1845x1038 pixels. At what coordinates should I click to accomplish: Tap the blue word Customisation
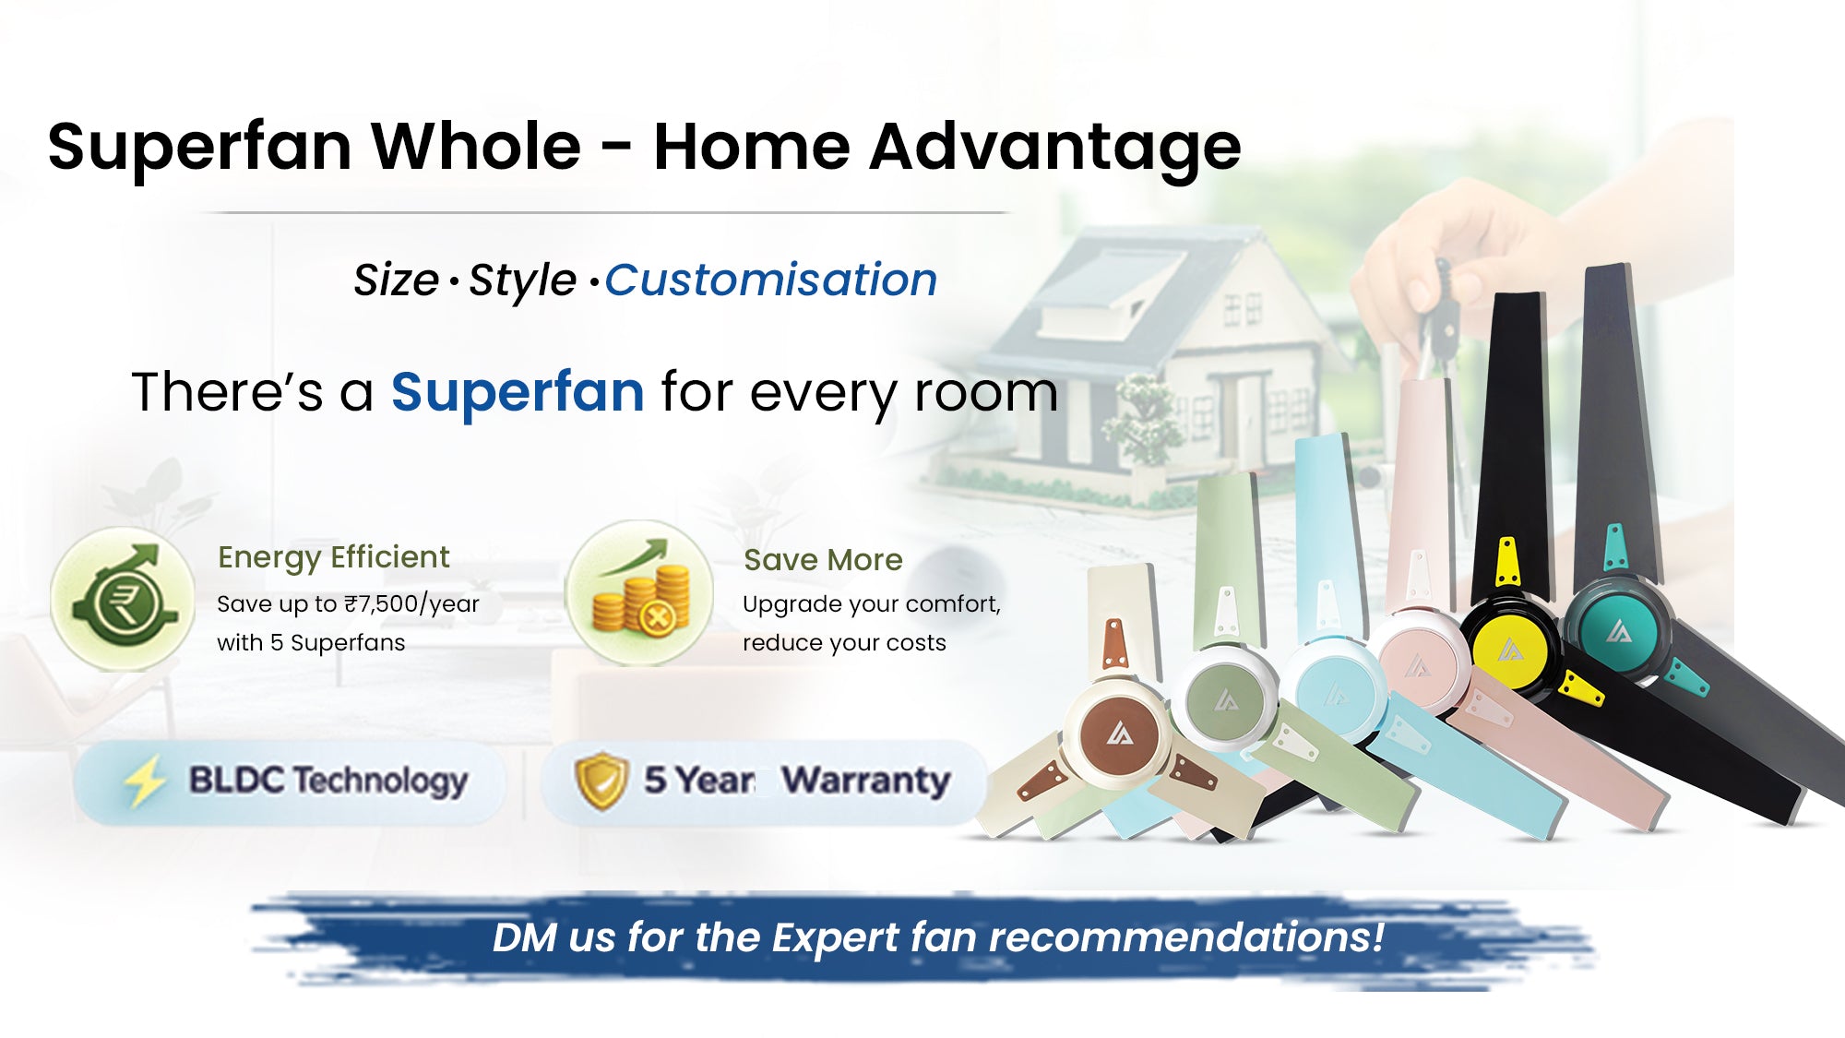tap(771, 280)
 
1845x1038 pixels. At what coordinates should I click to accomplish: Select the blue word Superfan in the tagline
tap(518, 393)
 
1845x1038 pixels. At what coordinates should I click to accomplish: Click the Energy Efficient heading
tap(334, 557)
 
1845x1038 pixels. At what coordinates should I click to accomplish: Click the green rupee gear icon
tap(123, 598)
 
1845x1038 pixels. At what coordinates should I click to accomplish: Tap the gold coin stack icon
tap(639, 593)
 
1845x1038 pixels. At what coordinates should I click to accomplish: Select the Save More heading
tap(823, 560)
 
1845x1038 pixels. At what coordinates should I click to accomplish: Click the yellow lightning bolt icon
tap(145, 781)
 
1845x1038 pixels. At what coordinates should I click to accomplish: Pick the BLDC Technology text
tap(328, 781)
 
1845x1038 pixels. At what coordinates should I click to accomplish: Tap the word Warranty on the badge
tap(866, 781)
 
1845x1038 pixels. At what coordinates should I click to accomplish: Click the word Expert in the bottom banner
tap(835, 938)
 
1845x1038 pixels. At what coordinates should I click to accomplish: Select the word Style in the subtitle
tap(522, 280)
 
